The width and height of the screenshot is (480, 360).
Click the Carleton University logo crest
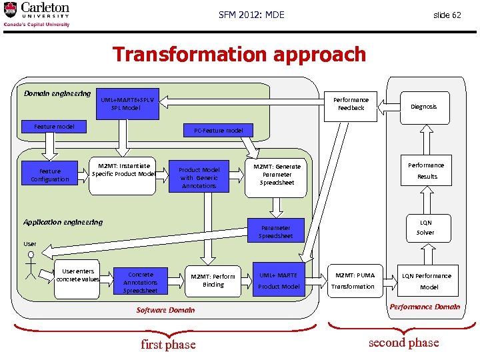(11, 11)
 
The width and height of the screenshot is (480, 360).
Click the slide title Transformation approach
(239, 54)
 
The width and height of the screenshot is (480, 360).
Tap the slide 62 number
(447, 15)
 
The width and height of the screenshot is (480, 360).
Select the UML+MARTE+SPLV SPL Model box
(127, 104)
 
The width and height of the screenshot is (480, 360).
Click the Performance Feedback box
(351, 104)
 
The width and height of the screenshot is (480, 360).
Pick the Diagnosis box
(424, 107)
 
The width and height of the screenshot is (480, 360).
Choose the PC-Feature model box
(219, 131)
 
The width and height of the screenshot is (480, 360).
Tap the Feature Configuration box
(50, 175)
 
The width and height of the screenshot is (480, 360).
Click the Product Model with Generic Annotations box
(199, 178)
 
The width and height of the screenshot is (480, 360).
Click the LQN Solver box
(425, 228)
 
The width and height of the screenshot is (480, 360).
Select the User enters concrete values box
(77, 275)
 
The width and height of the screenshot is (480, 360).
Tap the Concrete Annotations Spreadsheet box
(141, 282)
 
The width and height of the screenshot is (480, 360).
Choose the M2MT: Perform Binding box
(213, 281)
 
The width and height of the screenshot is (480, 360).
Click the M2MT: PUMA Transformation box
(354, 281)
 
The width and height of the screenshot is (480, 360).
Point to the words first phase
(168, 345)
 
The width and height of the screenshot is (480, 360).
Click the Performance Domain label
(425, 307)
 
